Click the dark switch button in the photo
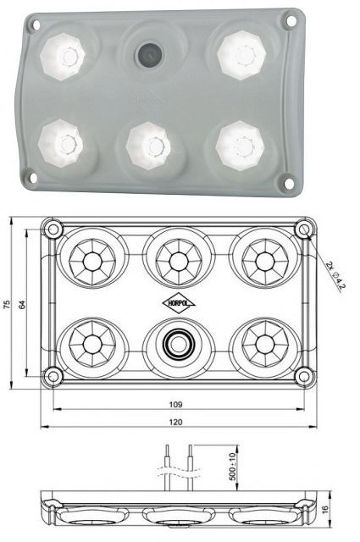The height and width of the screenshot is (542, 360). pyautogui.click(x=149, y=56)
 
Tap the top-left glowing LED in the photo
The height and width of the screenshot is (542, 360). pyautogui.click(x=65, y=56)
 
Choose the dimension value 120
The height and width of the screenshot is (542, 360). pyautogui.click(x=179, y=421)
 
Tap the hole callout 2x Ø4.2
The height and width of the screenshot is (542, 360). pyautogui.click(x=335, y=275)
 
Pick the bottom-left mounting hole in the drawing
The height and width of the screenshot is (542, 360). pyautogui.click(x=53, y=375)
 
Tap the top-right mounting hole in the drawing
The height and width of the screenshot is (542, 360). pyautogui.click(x=302, y=230)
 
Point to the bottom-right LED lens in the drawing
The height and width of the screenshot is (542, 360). pyautogui.click(x=266, y=345)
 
